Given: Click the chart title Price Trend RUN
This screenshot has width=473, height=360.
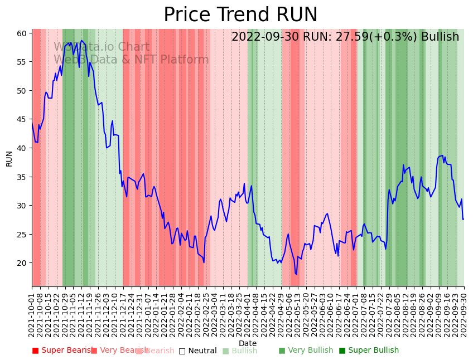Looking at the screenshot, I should tap(240, 15).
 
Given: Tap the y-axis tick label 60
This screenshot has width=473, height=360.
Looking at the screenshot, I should tap(22, 33).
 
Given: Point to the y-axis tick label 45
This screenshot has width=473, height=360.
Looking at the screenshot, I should tap(22, 119).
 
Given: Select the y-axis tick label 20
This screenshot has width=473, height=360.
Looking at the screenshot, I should tap(22, 263).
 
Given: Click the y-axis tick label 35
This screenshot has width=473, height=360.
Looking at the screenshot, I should tap(22, 177).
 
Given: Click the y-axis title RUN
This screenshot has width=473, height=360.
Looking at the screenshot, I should tap(9, 158).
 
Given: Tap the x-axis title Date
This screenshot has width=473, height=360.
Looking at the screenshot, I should tap(248, 343).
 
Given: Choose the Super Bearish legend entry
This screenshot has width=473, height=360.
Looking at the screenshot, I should tap(63, 351).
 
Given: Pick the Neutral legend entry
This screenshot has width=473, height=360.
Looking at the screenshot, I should tap(197, 351).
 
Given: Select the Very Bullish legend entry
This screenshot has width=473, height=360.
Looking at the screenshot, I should tap(306, 351).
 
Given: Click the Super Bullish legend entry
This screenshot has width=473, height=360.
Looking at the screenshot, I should tap(369, 351).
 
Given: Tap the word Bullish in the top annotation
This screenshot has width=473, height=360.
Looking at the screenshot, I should tap(440, 37).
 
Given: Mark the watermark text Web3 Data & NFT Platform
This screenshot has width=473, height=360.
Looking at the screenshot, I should tap(131, 60).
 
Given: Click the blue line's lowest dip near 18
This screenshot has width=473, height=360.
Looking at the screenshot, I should tap(296, 274).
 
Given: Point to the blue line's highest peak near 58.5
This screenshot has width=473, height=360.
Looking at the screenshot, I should tap(81, 41).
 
